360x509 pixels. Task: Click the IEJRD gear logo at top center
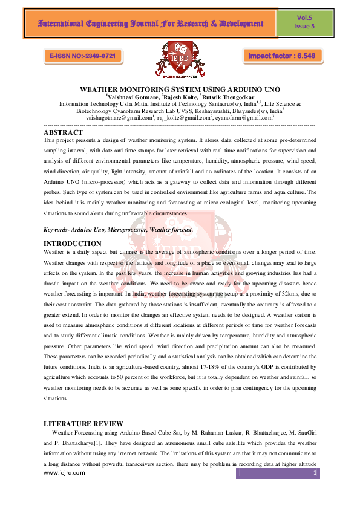[x=179, y=59]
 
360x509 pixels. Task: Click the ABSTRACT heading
[x=64, y=132]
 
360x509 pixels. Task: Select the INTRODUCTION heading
[x=73, y=243]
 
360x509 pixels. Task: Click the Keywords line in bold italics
[x=119, y=230]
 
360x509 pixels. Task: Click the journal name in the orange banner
[x=143, y=24]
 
